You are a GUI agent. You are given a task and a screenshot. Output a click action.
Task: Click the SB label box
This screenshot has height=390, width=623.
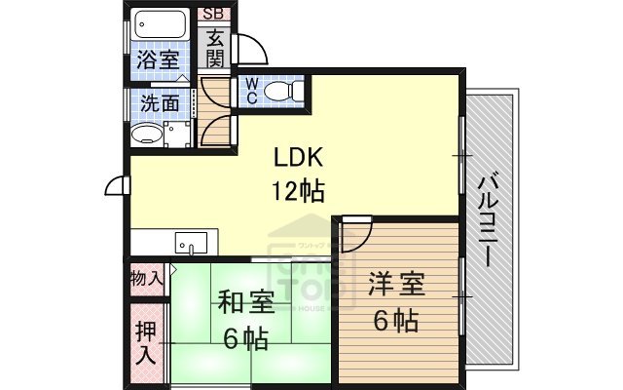coord(213,15)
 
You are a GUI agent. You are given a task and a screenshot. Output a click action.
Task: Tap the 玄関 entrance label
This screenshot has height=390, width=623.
coord(214,48)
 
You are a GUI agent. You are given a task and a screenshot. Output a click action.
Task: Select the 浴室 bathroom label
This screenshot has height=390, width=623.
coord(157,59)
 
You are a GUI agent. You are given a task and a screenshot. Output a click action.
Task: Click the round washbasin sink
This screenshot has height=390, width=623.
coord(146,134)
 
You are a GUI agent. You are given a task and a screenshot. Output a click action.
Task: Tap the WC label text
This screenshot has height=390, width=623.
coord(250,91)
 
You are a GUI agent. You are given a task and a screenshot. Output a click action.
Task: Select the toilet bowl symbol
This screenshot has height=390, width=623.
coord(283,91)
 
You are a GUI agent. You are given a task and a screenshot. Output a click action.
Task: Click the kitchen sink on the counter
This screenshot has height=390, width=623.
coord(191,241)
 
